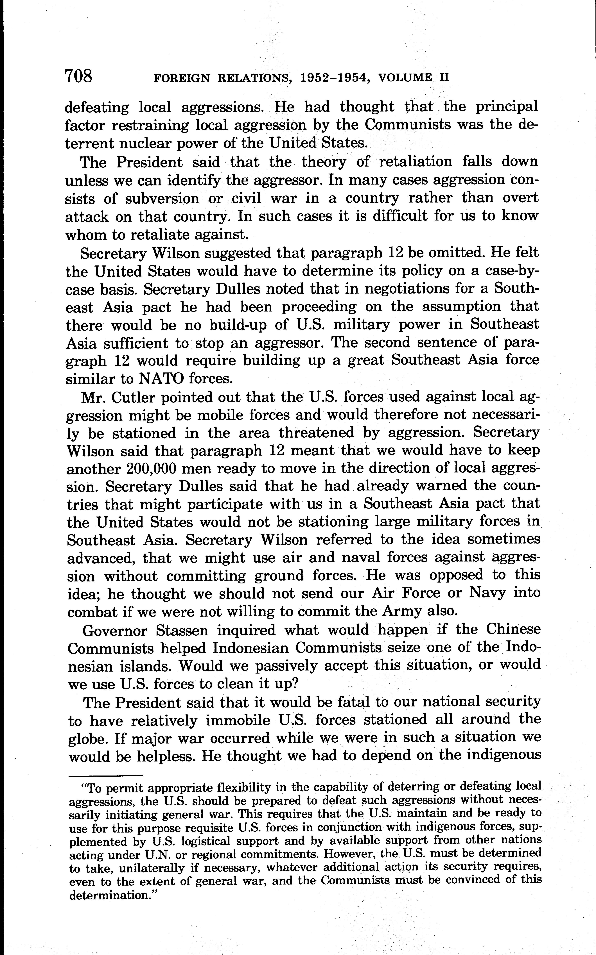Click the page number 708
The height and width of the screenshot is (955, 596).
(79, 76)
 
